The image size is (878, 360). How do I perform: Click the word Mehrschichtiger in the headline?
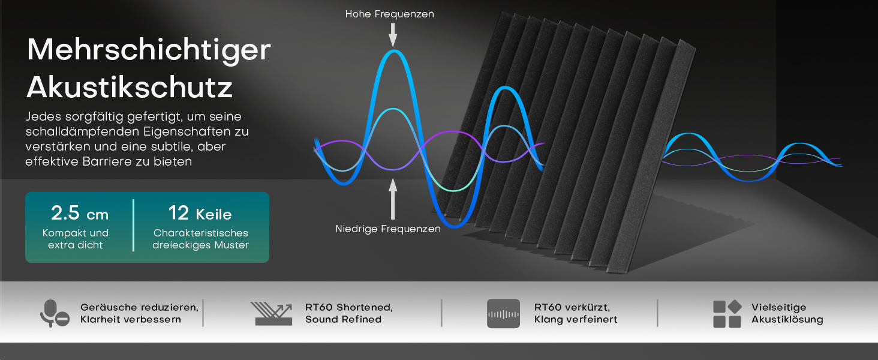[x=149, y=51]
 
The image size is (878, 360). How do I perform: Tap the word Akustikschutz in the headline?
[x=130, y=87]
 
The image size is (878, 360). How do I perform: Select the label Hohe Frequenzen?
[x=390, y=14]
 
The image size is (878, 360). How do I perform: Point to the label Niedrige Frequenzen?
[x=388, y=229]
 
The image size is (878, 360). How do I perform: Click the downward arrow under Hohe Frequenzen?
[x=393, y=35]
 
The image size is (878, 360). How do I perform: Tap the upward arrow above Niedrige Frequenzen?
[x=393, y=199]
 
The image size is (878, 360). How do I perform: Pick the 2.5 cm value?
[x=80, y=214]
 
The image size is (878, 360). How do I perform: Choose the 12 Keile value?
[x=200, y=214]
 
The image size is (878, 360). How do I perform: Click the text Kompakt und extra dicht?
[x=75, y=239]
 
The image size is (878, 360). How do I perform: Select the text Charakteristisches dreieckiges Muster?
[x=201, y=239]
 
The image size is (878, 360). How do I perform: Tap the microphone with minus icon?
[x=55, y=313]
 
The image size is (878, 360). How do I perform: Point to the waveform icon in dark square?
[x=503, y=314]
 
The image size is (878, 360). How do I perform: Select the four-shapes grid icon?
[x=727, y=314]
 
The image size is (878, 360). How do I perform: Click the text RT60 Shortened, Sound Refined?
[x=349, y=313]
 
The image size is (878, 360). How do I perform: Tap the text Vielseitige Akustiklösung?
[x=787, y=313]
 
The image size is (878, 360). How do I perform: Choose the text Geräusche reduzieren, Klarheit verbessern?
[x=140, y=313]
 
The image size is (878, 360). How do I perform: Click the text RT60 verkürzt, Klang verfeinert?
[x=575, y=313]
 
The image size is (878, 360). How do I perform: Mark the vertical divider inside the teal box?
[x=133, y=225]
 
